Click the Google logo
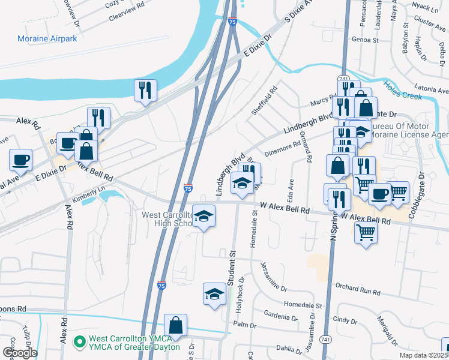(19, 353)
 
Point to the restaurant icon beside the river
(145, 91)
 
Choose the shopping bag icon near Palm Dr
(175, 325)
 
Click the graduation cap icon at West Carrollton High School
(204, 215)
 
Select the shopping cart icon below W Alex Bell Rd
(366, 232)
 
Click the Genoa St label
(366, 41)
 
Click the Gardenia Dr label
(279, 315)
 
